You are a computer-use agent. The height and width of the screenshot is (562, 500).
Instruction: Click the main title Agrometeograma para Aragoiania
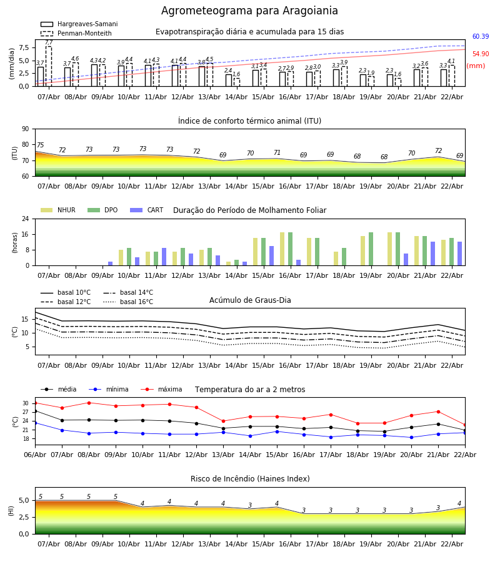[249, 11]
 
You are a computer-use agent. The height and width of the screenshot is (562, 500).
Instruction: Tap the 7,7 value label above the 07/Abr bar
[49, 42]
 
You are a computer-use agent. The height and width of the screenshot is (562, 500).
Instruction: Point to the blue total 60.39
[480, 37]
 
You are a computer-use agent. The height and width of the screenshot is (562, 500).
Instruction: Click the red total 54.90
[480, 54]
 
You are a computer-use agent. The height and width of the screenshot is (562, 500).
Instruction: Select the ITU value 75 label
[40, 145]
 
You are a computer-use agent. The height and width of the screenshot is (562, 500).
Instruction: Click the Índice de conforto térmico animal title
[249, 121]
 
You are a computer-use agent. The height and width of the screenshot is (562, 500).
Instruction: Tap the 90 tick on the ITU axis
[25, 129]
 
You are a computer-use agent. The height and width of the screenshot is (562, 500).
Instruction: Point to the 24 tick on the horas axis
[25, 219]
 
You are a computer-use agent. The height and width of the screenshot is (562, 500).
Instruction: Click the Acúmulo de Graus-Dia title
[250, 300]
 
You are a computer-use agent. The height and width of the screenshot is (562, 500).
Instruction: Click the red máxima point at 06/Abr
[35, 403]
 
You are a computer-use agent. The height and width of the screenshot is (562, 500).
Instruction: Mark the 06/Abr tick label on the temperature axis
[35, 454]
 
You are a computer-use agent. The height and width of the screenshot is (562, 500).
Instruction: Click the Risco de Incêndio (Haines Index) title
[250, 479]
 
